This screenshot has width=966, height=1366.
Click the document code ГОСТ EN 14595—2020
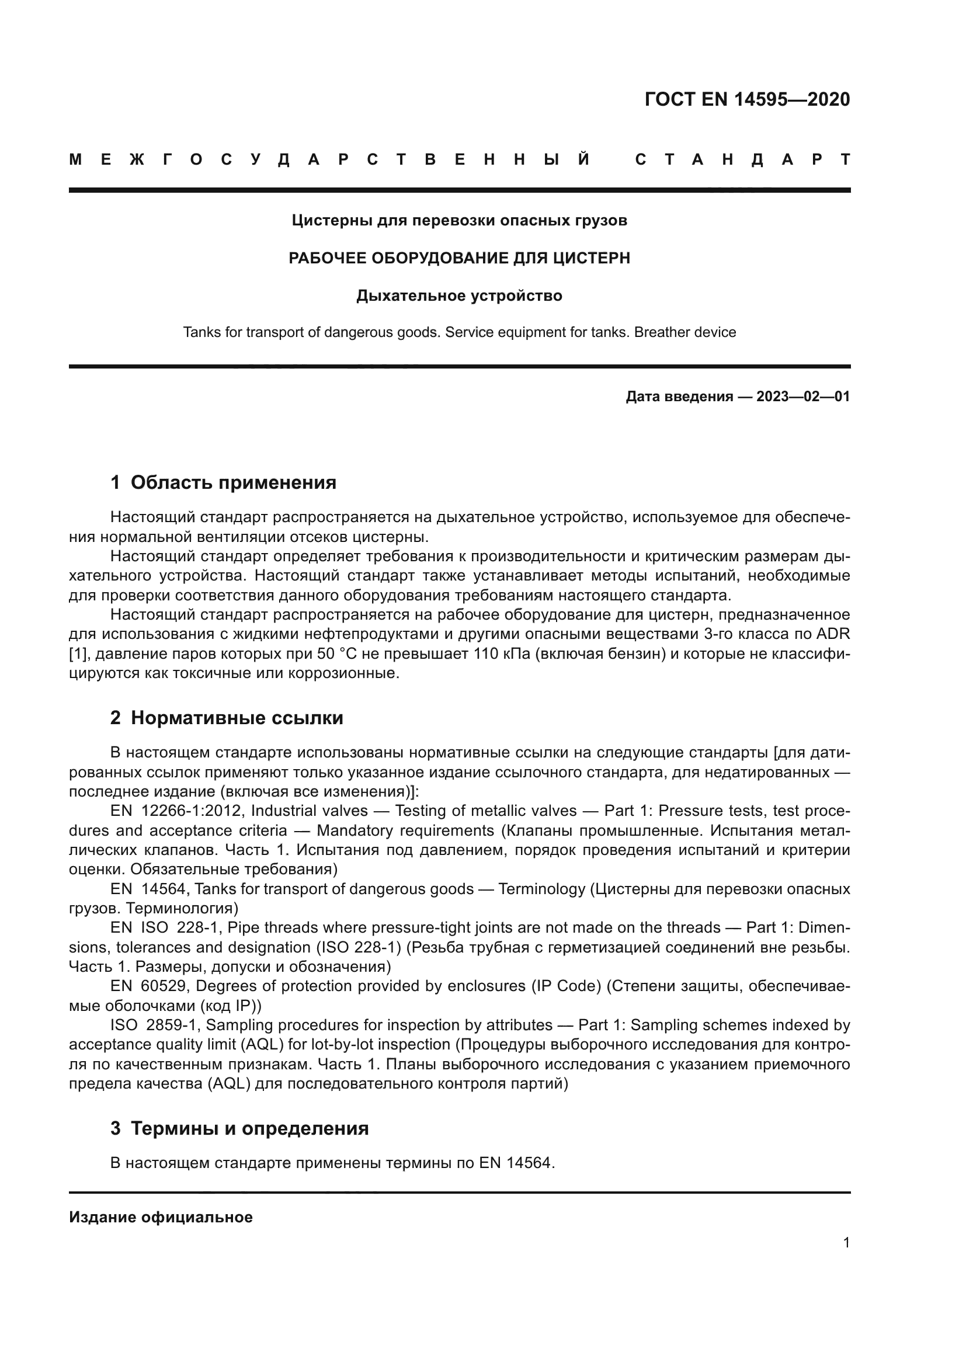pyautogui.click(x=747, y=99)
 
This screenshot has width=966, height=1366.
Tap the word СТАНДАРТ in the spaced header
pyautogui.click(x=743, y=159)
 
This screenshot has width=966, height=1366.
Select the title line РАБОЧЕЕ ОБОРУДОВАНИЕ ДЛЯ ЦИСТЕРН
pyautogui.click(x=459, y=258)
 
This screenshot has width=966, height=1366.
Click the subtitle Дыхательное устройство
pyautogui.click(x=459, y=296)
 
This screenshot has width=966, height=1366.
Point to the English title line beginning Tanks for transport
pyautogui.click(x=459, y=332)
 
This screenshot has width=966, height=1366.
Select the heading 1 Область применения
pyautogui.click(x=223, y=482)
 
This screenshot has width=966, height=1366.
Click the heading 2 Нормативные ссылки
pyautogui.click(x=227, y=718)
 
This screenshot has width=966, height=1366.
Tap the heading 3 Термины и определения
pyautogui.click(x=239, y=1129)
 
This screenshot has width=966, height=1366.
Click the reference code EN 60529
pyautogui.click(x=150, y=986)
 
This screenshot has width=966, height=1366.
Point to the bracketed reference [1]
pyautogui.click(x=78, y=655)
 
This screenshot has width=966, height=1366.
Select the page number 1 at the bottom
pyautogui.click(x=846, y=1243)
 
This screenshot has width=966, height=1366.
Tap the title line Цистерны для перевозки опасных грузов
pyautogui.click(x=459, y=221)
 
